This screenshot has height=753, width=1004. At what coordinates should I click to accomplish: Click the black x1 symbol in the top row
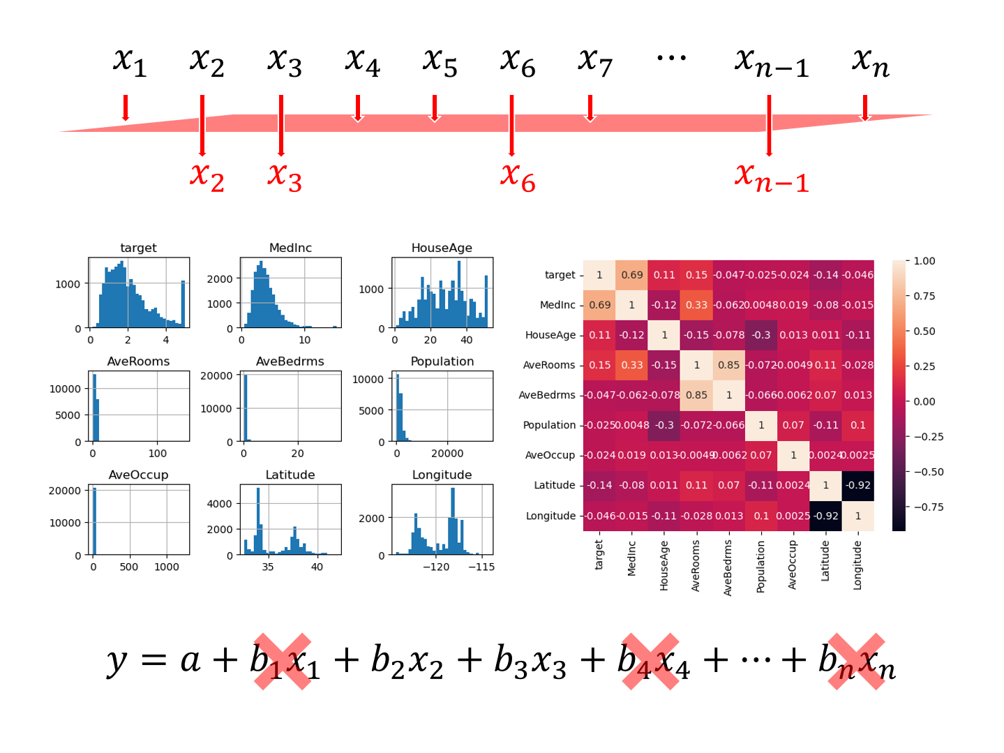[x=130, y=62]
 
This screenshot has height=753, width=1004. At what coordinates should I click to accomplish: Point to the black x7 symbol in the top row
[x=594, y=62]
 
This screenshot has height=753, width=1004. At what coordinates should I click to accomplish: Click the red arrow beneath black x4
[x=358, y=108]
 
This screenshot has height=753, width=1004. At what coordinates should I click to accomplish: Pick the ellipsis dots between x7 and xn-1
[x=671, y=58]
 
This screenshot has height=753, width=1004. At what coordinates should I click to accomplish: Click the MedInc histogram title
[x=290, y=248]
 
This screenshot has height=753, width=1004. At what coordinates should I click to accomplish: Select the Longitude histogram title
[x=442, y=475]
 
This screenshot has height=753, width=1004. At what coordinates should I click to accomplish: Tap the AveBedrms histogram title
[x=290, y=361]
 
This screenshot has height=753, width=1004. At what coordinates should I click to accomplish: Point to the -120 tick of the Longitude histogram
[x=436, y=567]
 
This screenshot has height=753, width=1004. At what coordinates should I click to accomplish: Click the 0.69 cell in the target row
[x=631, y=275]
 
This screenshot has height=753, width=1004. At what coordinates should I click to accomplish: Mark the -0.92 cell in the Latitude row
[x=858, y=485]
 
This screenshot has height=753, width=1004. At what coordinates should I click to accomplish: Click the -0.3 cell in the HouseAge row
[x=761, y=335]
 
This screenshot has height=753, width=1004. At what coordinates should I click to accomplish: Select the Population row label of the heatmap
[x=549, y=425]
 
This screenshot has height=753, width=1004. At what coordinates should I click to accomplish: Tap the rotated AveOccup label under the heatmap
[x=793, y=565]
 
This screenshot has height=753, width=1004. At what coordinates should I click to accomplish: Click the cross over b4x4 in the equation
[x=650, y=662]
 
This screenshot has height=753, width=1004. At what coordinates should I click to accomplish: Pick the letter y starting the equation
[x=117, y=661]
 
